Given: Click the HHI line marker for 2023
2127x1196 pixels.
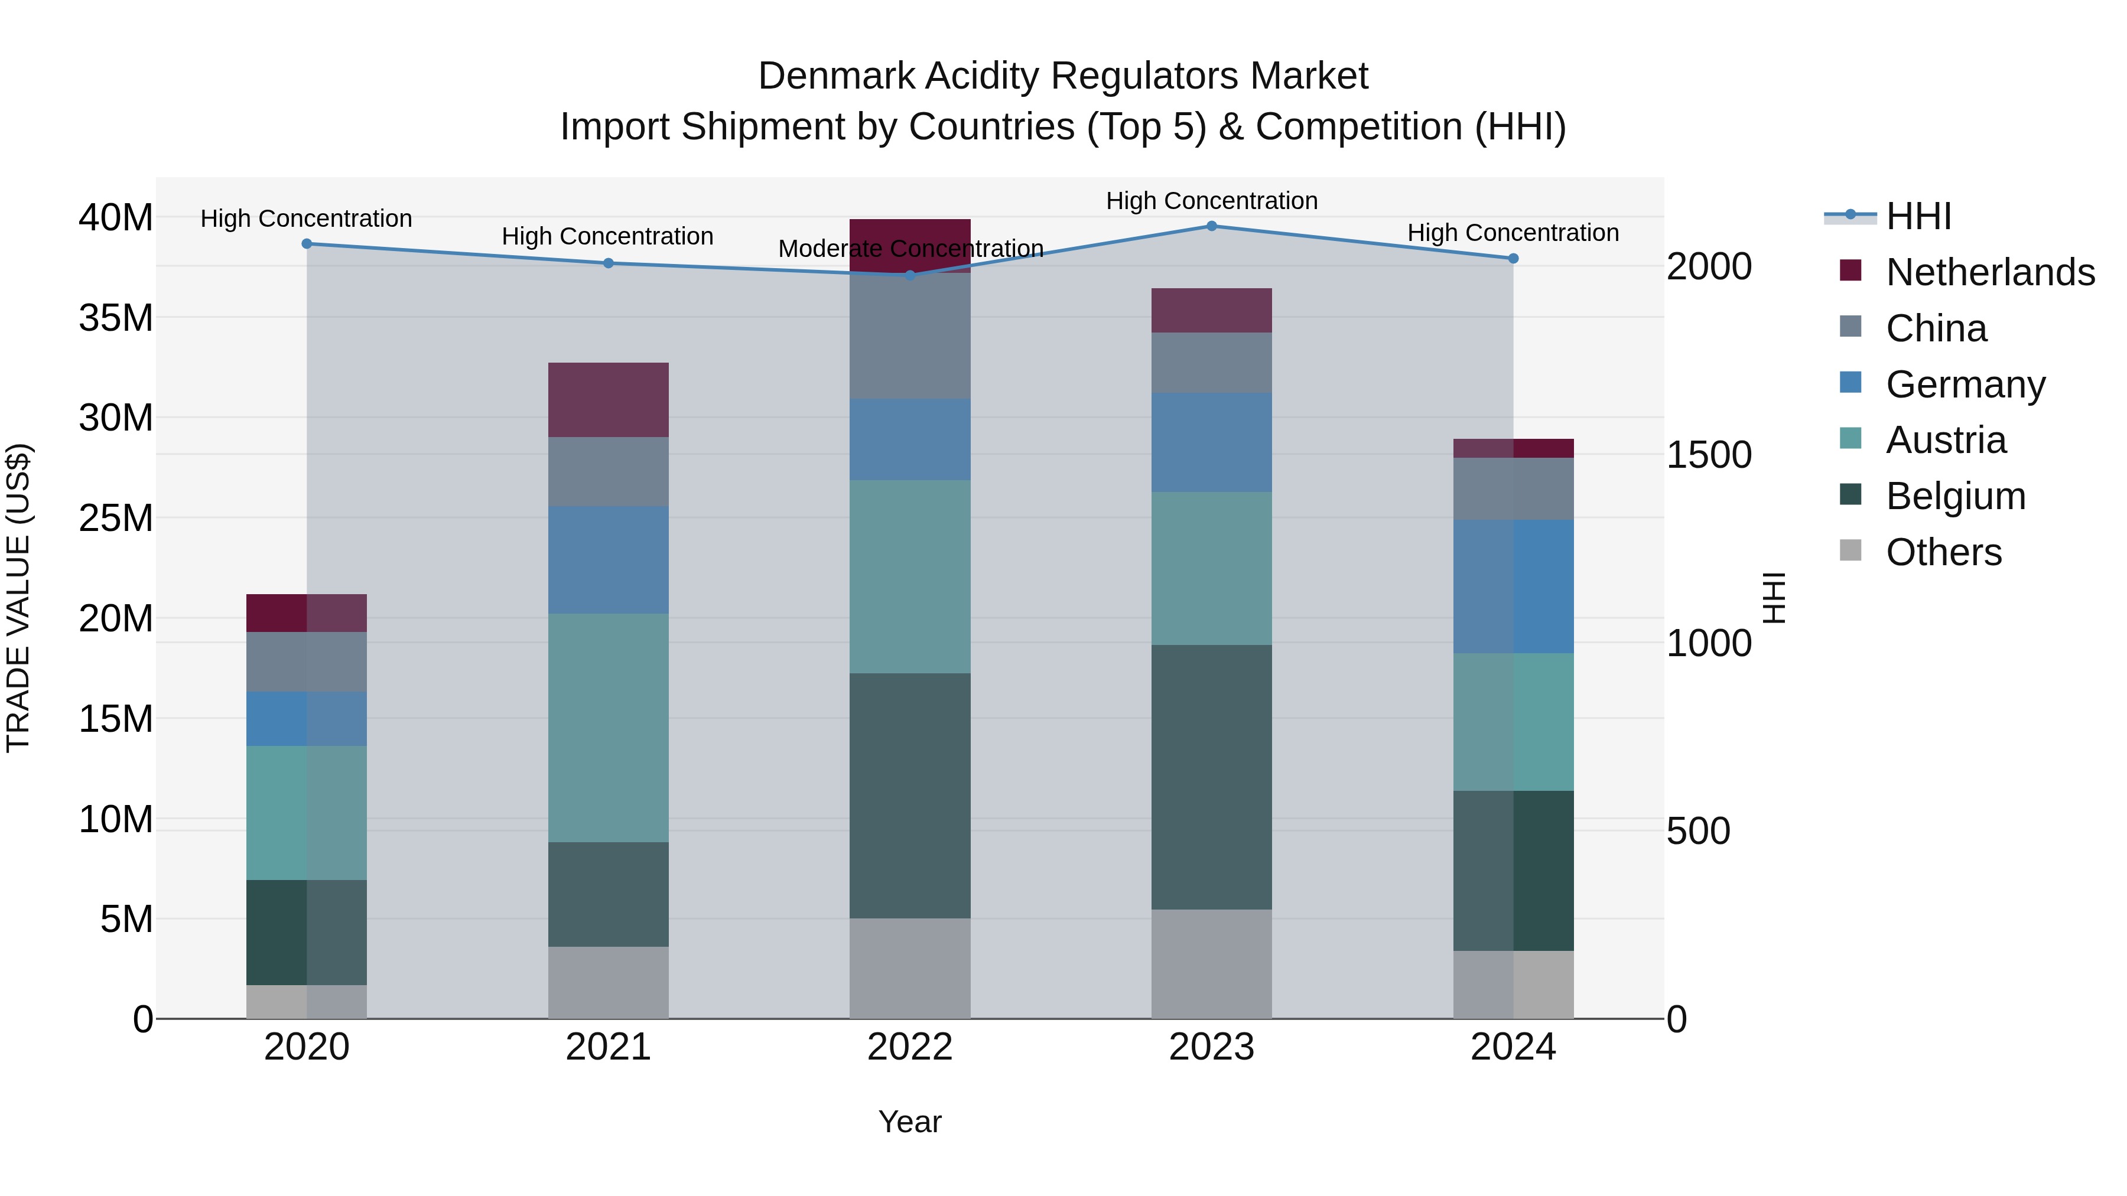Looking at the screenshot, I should tap(1211, 226).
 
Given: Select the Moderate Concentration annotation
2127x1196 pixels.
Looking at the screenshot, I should tap(910, 249).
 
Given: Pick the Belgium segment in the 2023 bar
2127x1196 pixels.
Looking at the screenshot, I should tap(1211, 777).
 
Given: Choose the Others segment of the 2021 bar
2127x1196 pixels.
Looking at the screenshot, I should tap(608, 982).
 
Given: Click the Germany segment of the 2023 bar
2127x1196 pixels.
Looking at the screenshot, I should tap(1211, 442).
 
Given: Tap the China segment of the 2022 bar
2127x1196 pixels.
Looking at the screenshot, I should tap(910, 336).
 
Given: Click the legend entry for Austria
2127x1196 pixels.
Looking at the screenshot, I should tap(1946, 440).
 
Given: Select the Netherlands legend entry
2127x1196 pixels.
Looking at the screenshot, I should tap(1990, 272).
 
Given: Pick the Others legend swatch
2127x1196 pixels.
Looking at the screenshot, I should tap(1851, 550).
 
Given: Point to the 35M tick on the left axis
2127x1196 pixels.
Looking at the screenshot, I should tap(116, 318).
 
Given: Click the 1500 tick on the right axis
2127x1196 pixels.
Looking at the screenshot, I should tap(1708, 455).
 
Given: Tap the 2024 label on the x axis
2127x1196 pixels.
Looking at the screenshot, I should tap(1513, 1047).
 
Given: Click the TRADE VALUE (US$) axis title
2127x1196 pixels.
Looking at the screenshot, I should tap(19, 598).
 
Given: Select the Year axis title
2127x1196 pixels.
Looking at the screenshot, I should tap(910, 1122).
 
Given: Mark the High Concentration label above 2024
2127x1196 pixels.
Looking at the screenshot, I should tap(1513, 233).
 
